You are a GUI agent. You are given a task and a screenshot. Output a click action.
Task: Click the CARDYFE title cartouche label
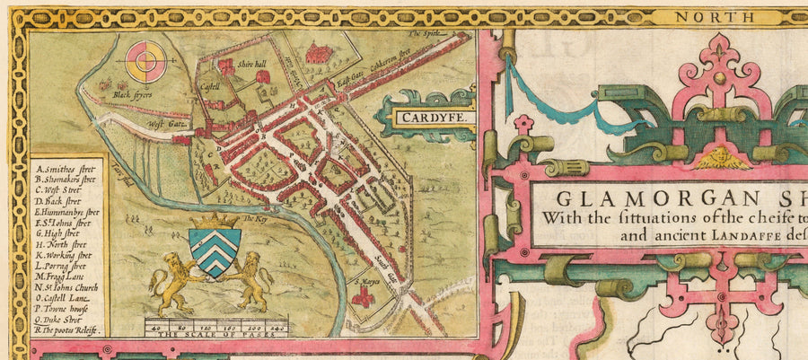coord(426,117)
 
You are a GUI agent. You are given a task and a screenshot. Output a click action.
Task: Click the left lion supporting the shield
coord(176,280)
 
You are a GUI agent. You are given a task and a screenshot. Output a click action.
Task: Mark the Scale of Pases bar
coord(216,324)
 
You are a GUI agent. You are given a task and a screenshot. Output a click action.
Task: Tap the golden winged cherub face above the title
coord(719,158)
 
